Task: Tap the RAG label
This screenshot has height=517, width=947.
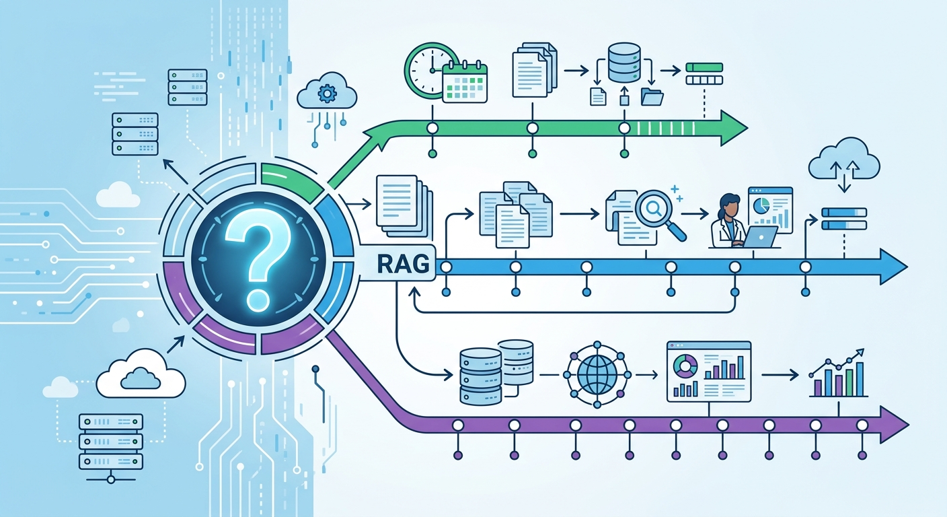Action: click(x=403, y=264)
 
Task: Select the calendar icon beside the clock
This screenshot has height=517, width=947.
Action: click(x=465, y=82)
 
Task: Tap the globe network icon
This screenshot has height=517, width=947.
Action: click(x=597, y=375)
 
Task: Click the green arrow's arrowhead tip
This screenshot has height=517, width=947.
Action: click(x=747, y=128)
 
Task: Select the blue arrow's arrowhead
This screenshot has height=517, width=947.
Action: click(x=893, y=267)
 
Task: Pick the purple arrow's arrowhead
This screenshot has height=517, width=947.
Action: click(x=894, y=424)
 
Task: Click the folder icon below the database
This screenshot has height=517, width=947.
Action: click(x=652, y=96)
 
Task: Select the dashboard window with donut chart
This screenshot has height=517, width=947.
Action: click(x=709, y=372)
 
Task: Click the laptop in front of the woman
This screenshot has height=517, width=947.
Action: click(x=760, y=237)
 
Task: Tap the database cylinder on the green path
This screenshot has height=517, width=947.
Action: click(x=624, y=62)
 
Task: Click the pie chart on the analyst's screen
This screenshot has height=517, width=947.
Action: click(x=761, y=205)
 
